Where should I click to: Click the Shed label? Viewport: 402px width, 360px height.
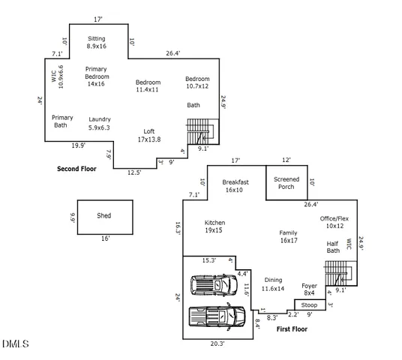[x=104, y=215]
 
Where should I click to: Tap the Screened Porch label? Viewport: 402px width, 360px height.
[x=286, y=182]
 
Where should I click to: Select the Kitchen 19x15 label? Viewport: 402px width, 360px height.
[x=214, y=226]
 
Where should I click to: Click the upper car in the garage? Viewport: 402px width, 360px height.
[x=214, y=286]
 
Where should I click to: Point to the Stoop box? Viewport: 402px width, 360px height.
[x=309, y=305]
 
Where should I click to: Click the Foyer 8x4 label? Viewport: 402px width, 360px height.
[x=309, y=289]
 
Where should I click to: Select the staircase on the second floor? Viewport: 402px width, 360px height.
[x=201, y=131]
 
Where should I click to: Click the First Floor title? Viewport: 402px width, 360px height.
[x=292, y=328]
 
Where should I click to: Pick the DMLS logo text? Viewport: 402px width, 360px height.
[x=15, y=344]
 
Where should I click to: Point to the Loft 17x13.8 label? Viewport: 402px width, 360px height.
[x=149, y=135]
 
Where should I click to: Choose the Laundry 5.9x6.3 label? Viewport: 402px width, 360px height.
[x=99, y=123]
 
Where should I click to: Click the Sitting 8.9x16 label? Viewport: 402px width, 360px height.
[x=97, y=42]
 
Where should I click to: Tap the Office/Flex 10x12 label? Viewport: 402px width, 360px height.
[x=334, y=222]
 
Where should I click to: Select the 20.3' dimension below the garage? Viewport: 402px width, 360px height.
[x=217, y=343]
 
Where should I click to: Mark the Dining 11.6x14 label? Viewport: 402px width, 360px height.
[x=274, y=283]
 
